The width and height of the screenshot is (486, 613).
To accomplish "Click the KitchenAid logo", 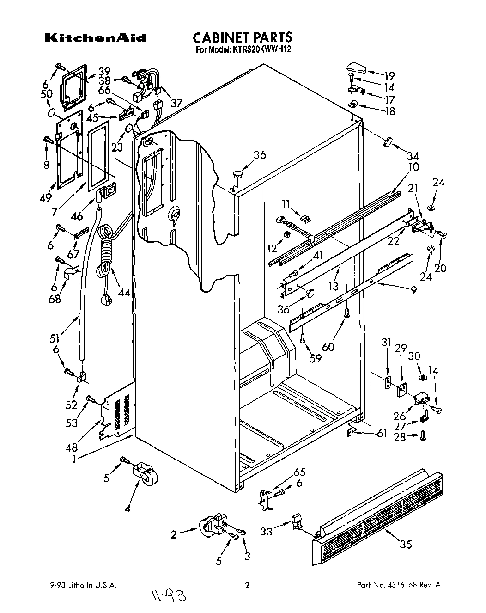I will (x=95, y=38).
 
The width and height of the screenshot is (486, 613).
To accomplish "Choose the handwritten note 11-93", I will (x=167, y=597).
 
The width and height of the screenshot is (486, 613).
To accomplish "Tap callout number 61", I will (x=382, y=433).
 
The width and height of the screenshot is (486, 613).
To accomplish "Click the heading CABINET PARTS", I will (x=242, y=37).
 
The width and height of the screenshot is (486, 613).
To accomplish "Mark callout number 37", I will (x=176, y=103).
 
